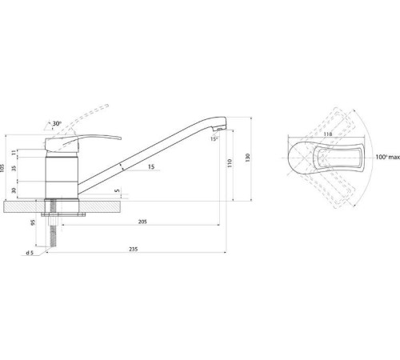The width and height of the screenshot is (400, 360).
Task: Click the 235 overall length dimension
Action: point(134,249)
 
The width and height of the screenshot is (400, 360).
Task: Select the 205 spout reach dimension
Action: point(142,222)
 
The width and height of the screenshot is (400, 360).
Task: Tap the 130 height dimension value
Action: point(248,158)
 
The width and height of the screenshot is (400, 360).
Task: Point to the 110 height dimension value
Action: point(230,163)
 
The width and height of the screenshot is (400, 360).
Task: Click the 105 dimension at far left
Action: point(2,167)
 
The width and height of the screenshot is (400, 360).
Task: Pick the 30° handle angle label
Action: point(57,123)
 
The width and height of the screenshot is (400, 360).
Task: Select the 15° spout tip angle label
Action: point(214,138)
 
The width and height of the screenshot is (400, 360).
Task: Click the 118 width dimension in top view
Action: point(328,134)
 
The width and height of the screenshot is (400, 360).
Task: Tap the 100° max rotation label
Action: point(388,157)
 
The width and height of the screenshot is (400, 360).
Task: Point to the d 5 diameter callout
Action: point(30,253)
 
